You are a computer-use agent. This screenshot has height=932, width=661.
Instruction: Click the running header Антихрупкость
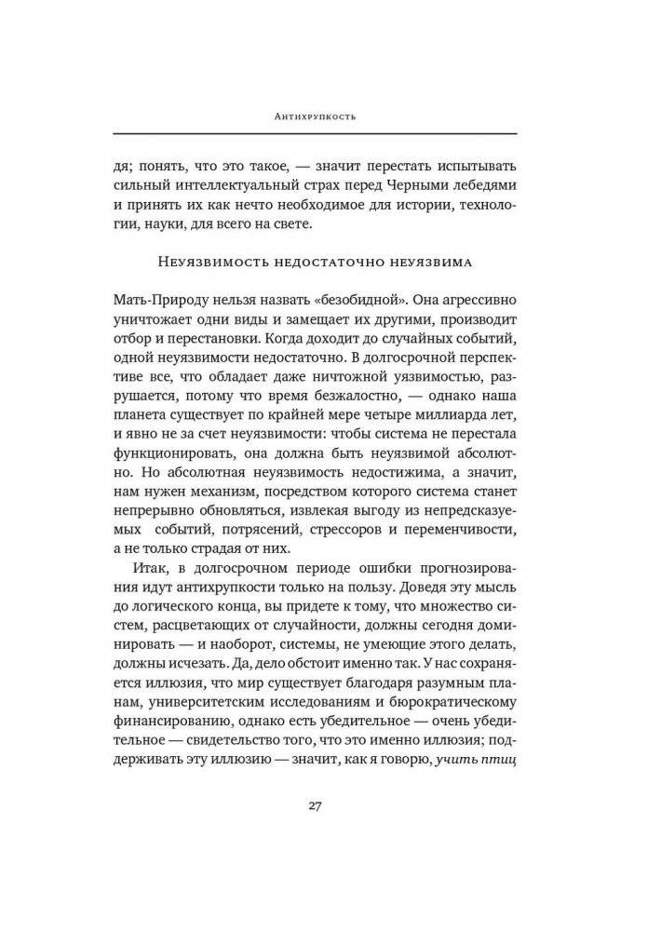pyautogui.click(x=330, y=117)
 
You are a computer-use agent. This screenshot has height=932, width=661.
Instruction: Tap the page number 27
pyautogui.click(x=330, y=805)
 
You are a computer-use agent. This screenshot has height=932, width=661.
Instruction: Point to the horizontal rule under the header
pyautogui.click(x=330, y=133)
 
